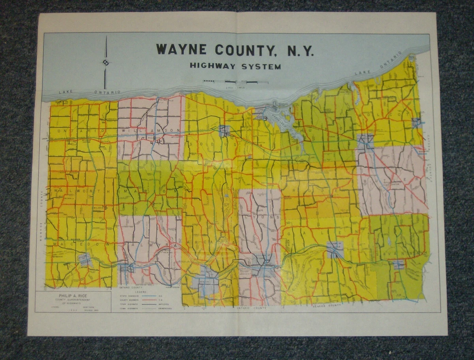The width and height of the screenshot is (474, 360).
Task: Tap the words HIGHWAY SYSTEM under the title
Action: pyautogui.click(x=235, y=66)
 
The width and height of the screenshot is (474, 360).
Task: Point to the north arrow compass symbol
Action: pyautogui.click(x=105, y=62)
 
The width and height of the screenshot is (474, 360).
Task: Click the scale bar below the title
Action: pyautogui.click(x=235, y=82)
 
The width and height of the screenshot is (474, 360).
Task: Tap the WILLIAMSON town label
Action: pyautogui.click(x=151, y=131)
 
